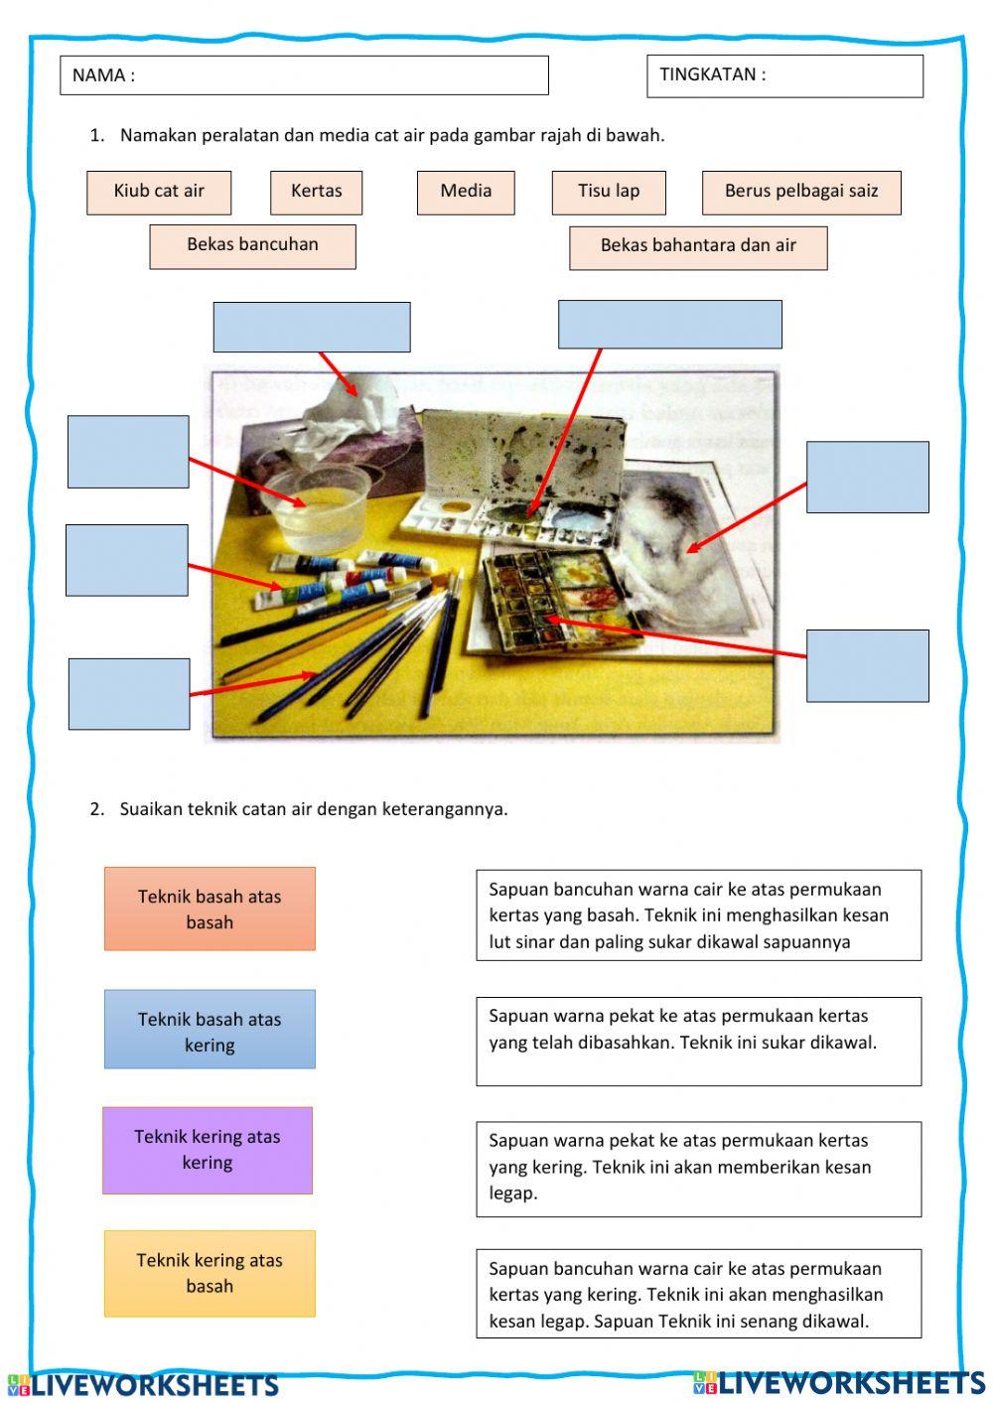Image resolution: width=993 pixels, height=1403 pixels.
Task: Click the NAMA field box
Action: click(x=304, y=75)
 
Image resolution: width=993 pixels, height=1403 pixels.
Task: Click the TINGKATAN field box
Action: click(x=784, y=75)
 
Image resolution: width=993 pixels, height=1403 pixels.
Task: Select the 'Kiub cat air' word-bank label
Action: click(x=159, y=192)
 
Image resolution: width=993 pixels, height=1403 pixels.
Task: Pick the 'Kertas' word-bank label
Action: click(x=316, y=192)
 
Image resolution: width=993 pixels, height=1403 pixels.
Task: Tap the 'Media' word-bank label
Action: click(x=466, y=192)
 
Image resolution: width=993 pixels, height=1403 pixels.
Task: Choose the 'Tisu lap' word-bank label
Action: click(x=609, y=192)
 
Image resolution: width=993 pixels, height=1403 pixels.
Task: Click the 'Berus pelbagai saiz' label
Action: click(x=801, y=192)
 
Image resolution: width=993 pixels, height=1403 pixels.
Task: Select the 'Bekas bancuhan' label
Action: click(x=252, y=245)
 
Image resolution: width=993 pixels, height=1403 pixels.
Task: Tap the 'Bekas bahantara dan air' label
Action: click(x=698, y=246)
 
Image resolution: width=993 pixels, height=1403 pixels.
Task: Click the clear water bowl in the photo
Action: click(x=318, y=507)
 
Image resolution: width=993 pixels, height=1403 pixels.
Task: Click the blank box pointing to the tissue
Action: click(x=312, y=327)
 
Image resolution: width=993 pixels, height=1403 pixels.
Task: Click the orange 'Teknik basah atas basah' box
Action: click(x=210, y=909)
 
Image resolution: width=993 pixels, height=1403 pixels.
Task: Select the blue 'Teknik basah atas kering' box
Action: click(x=210, y=1030)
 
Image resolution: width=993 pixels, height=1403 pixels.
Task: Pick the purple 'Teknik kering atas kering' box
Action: click(x=208, y=1150)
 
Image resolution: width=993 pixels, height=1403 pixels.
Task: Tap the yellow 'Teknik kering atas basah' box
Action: click(x=210, y=1273)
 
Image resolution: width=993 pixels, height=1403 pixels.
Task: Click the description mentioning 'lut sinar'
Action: click(x=698, y=915)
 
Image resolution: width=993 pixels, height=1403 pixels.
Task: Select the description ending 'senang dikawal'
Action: click(x=698, y=1294)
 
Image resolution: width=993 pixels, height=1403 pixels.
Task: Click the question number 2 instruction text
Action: click(x=313, y=808)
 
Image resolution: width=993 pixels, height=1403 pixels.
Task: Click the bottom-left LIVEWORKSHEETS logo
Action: click(x=144, y=1384)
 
